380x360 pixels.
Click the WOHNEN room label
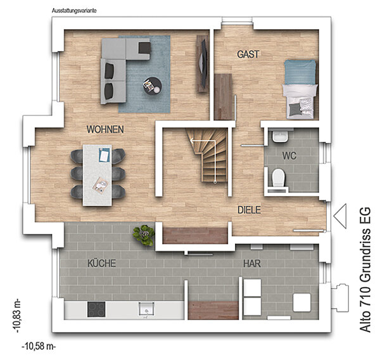point(105,130)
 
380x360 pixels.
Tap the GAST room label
point(248,54)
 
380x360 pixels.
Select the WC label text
point(289,156)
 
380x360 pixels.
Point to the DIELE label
point(249,210)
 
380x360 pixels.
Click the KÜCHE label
point(101,263)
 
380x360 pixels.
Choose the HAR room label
point(252,263)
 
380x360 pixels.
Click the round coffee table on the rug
point(153,86)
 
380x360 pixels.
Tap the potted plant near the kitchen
point(144,235)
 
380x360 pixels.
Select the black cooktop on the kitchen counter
point(96,309)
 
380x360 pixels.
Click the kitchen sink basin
point(146,309)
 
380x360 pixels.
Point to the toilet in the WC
point(278,178)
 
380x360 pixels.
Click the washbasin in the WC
point(280,137)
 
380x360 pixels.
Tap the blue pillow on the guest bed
point(300,72)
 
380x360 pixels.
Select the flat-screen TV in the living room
point(203,63)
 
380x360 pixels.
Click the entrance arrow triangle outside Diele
point(340,216)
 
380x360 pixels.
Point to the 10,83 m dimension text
point(17,316)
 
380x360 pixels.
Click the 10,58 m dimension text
point(39,346)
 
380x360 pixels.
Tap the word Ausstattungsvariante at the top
point(74,11)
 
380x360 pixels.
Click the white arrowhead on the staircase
point(192,140)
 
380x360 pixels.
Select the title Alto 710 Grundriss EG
point(365,270)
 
